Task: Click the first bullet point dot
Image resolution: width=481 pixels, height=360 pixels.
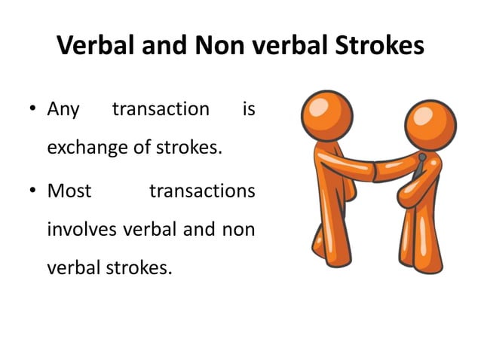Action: pos(33,111)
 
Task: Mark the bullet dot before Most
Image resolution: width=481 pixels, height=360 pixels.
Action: pos(33,192)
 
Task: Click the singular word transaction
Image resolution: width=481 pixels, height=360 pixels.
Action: pos(161,110)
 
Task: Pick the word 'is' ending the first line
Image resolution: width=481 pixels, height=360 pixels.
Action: pos(249,110)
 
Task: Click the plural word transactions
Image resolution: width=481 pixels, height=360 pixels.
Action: pos(202,191)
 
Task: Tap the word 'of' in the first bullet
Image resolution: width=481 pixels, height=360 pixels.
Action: pos(142,148)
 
